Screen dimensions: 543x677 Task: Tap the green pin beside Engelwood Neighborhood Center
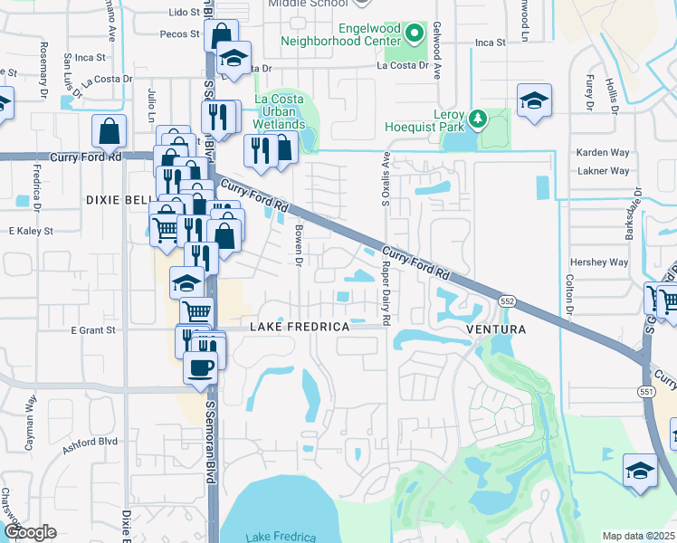(x=415, y=34)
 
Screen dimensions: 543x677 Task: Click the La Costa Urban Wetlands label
(x=279, y=111)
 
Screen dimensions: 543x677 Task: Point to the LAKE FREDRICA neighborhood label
(x=300, y=326)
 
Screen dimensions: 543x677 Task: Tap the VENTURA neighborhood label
(x=496, y=330)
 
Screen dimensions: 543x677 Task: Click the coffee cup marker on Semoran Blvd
(x=199, y=368)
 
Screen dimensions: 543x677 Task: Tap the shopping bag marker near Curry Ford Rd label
(x=109, y=132)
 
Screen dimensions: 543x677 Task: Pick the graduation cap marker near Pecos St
(x=234, y=59)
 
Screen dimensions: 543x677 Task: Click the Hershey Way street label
(x=605, y=262)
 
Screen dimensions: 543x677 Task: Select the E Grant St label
(x=95, y=330)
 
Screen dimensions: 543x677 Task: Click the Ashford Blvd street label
(x=91, y=442)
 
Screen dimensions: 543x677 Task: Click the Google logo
(x=30, y=532)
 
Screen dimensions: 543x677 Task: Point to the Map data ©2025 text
(x=638, y=536)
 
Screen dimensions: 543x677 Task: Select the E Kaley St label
(x=32, y=232)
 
